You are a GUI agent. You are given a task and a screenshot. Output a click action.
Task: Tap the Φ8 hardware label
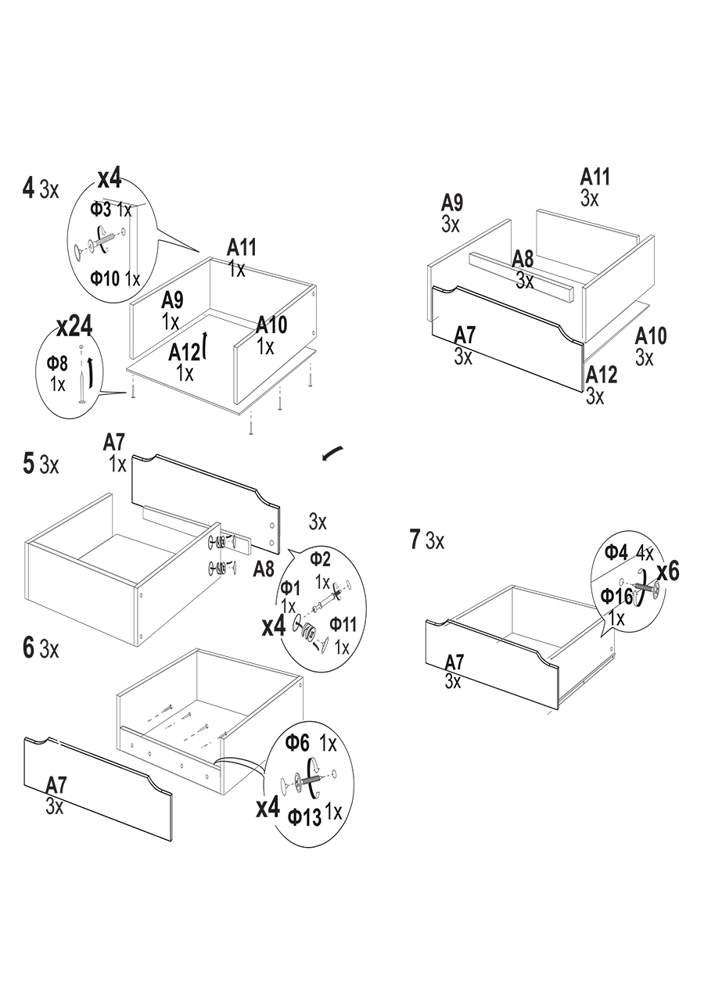[x=57, y=363]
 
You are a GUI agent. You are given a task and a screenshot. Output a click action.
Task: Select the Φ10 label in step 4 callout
[x=105, y=278]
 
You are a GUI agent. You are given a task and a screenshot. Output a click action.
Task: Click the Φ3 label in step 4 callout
[x=101, y=210]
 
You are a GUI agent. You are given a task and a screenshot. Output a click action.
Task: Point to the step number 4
[x=29, y=188]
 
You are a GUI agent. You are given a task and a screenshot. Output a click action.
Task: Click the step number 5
[x=29, y=464]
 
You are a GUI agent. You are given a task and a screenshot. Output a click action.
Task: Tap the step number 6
[x=29, y=648]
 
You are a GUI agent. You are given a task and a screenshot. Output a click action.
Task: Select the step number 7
[x=415, y=539]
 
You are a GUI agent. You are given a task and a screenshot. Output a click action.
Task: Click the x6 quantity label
[x=667, y=572]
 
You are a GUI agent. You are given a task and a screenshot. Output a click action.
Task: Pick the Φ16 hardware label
[x=616, y=597]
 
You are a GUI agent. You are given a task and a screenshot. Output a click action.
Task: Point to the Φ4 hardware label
[x=616, y=553]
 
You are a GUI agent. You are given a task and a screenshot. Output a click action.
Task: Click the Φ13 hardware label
[x=304, y=817]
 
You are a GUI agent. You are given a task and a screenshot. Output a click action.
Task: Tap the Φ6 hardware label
[x=298, y=743]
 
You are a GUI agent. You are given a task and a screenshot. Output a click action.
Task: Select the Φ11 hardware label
[x=343, y=624]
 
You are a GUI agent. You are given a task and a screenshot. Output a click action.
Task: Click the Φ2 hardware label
[x=320, y=558]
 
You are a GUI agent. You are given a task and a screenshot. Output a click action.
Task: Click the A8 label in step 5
[x=264, y=569]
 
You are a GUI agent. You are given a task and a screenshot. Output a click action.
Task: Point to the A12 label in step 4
[x=185, y=353]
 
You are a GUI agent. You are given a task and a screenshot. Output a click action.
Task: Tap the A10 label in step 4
[x=271, y=325]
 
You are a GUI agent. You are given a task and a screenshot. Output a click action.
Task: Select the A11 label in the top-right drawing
[x=594, y=178]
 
